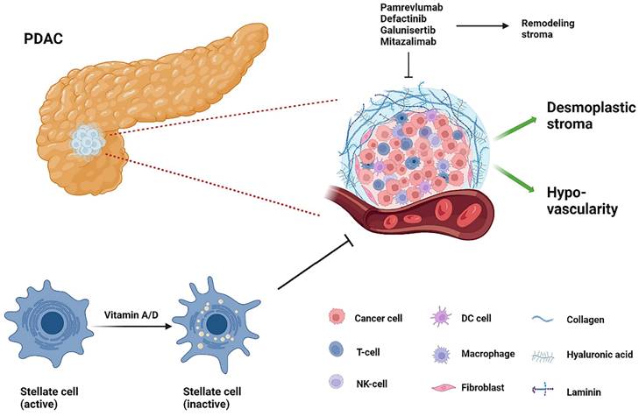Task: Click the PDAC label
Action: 45,41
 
